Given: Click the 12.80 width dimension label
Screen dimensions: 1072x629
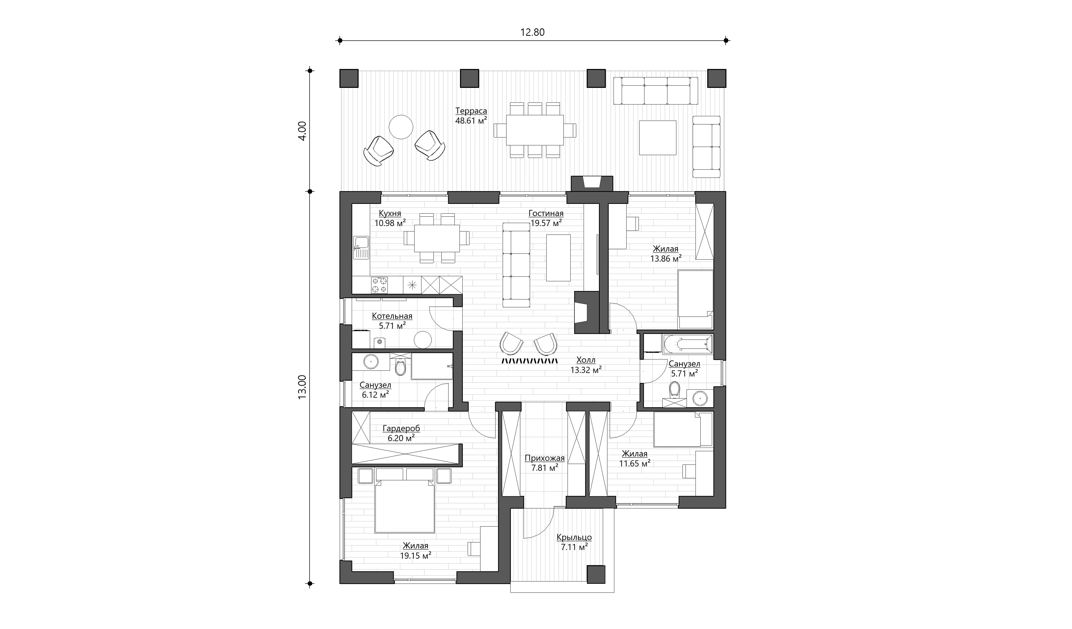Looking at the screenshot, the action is pos(532,32).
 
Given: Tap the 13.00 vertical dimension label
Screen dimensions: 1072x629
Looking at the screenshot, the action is pos(302,387).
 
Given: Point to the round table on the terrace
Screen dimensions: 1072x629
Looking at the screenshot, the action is pos(401,127).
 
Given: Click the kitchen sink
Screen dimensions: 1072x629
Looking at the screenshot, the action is pos(361,248).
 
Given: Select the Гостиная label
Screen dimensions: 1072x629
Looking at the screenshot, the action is pos(546,214).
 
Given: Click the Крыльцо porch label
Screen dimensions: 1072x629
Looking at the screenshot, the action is pos(574,538).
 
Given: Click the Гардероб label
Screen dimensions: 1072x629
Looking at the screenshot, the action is pos(401,428).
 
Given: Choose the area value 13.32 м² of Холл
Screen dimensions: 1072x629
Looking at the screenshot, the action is pos(586,370).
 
